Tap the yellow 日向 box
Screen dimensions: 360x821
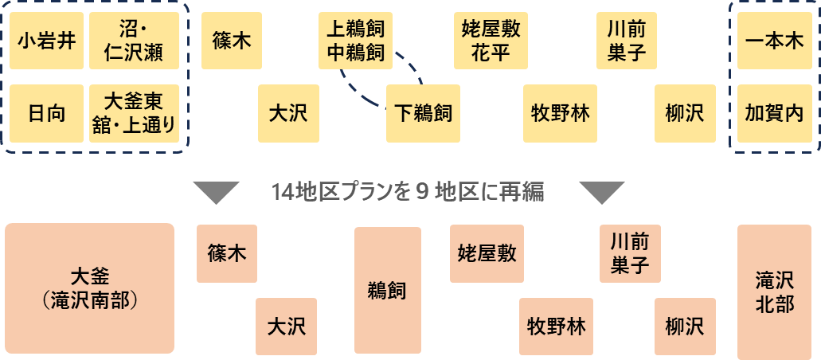click(x=46, y=113)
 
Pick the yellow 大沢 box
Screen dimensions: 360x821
click(x=287, y=113)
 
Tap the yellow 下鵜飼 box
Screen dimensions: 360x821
click(x=424, y=113)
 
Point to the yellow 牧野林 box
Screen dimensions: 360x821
click(x=560, y=113)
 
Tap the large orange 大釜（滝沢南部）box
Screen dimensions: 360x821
click(x=89, y=288)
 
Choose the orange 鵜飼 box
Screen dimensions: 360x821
click(x=387, y=291)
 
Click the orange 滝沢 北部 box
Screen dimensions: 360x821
click(x=774, y=292)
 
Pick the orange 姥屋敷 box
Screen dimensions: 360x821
click(x=487, y=253)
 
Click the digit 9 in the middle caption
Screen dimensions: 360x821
click(x=422, y=193)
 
